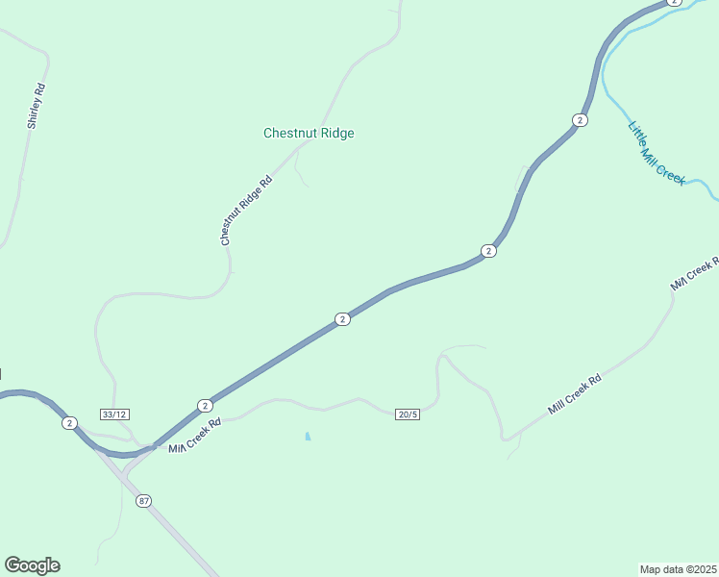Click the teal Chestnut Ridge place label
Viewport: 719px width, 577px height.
pyautogui.click(x=309, y=134)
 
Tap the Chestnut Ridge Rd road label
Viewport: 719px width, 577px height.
pyautogui.click(x=247, y=211)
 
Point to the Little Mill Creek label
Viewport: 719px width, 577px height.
pyautogui.click(x=656, y=154)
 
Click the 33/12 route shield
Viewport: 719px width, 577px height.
pyautogui.click(x=113, y=414)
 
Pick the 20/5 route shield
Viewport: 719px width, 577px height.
pyautogui.click(x=407, y=414)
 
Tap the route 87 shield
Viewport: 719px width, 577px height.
pyautogui.click(x=143, y=501)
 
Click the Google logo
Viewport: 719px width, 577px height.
pyautogui.click(x=32, y=565)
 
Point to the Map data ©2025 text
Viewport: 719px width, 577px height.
pyautogui.click(x=678, y=569)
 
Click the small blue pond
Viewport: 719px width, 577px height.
pyautogui.click(x=308, y=437)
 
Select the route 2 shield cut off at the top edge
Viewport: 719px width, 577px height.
pyautogui.click(x=674, y=3)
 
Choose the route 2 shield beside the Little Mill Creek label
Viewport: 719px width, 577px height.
pyautogui.click(x=579, y=119)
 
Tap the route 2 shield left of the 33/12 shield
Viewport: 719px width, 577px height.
pyautogui.click(x=69, y=423)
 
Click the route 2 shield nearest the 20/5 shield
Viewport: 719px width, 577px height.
pyautogui.click(x=341, y=319)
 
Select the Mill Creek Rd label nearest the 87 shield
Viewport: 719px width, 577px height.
pyautogui.click(x=195, y=436)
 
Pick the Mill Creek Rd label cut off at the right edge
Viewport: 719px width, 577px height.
pyautogui.click(x=694, y=275)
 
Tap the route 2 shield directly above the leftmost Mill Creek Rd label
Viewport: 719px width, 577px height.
pyautogui.click(x=204, y=406)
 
